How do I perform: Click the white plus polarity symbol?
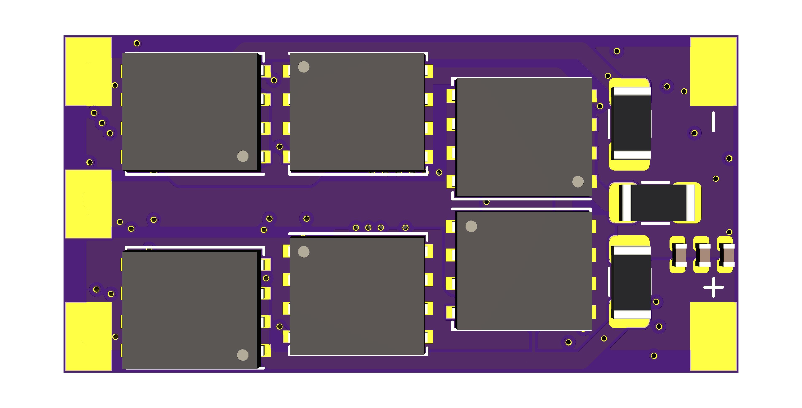713,287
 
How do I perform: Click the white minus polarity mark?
713,122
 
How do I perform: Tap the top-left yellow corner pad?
88,71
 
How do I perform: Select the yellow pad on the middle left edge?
88,204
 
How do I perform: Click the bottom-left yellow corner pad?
88,336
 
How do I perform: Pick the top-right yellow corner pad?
713,71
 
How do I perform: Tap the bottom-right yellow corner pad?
713,336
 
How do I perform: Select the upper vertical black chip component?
631,123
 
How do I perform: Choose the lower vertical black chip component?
631,282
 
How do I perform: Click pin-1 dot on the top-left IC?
243,156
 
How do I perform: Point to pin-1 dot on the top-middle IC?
304,67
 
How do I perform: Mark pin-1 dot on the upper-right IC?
578,182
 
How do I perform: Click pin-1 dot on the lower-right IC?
471,226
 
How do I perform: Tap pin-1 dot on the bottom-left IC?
243,355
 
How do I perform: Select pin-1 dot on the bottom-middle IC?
304,252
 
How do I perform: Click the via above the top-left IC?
137,43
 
